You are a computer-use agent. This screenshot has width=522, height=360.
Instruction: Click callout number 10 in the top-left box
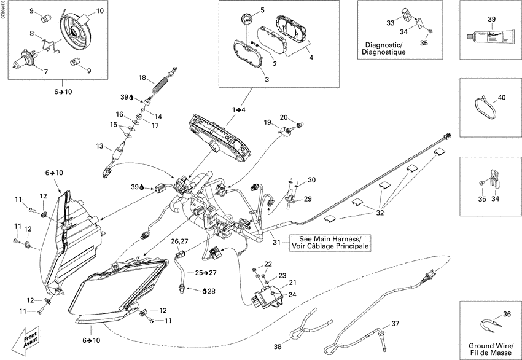click(100, 12)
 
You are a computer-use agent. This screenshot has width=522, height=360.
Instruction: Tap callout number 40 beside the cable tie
click(502, 98)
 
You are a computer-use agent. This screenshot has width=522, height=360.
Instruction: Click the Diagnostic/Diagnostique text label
click(383, 49)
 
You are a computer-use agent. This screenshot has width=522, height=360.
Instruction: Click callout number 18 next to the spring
click(142, 78)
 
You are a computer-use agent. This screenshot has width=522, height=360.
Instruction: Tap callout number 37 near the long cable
click(395, 324)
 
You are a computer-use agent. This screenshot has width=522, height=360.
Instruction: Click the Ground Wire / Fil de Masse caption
click(489, 350)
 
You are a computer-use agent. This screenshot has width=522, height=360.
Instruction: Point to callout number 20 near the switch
click(284, 117)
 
